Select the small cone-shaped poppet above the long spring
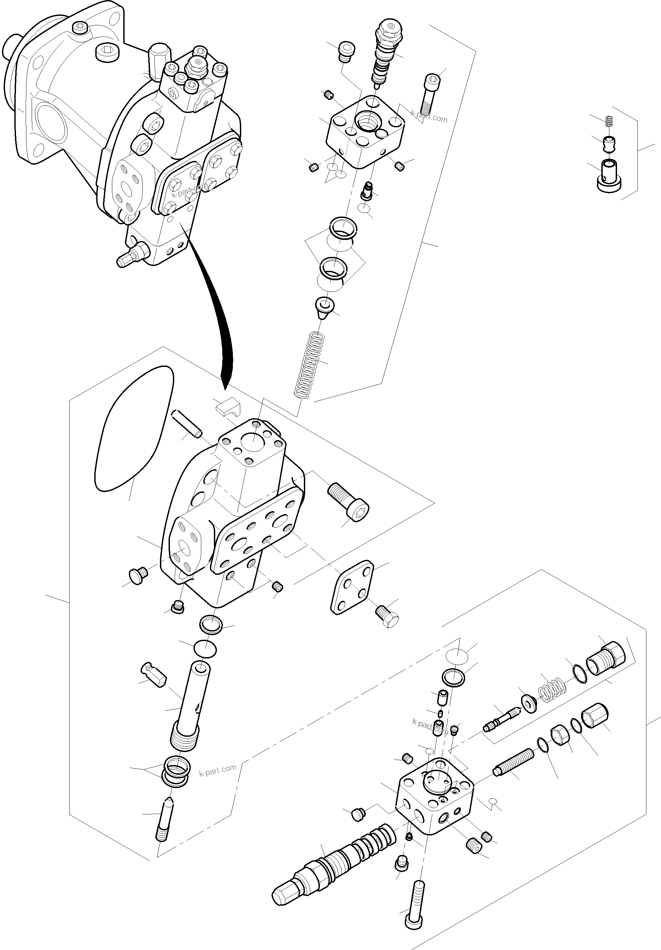coord(322,308)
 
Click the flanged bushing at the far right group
coord(609,177)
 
